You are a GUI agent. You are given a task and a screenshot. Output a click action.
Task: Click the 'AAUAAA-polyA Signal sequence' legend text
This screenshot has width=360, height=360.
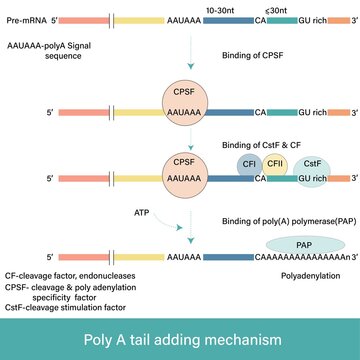[x=50, y=53]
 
